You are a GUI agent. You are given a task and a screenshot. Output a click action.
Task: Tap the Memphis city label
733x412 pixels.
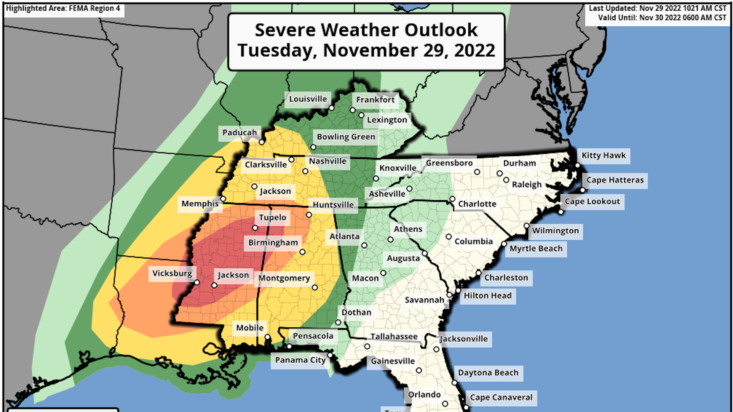[x=200, y=204]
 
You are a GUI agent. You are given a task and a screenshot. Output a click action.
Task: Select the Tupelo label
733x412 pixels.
[x=272, y=217]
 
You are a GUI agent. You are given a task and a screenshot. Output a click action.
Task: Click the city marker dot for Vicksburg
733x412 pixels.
[x=197, y=282]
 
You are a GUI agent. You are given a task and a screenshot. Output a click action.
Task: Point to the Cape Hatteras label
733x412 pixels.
[x=615, y=180]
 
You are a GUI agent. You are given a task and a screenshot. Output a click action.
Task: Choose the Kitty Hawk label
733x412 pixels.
[x=603, y=156]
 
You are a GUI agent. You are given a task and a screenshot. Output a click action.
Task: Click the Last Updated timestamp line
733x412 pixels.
[x=657, y=8]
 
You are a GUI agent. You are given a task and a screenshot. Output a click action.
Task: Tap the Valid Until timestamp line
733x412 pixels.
[x=662, y=18]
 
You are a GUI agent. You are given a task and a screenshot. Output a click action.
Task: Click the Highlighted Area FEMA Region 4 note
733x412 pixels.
[x=63, y=8]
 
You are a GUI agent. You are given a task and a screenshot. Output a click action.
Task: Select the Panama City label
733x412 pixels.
[x=300, y=360]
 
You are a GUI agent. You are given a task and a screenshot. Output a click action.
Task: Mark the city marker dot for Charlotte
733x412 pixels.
[x=452, y=199]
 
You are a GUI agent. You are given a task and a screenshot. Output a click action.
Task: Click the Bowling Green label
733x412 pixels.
[x=346, y=137]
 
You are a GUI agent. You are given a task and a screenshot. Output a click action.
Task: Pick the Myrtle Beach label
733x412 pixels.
[x=536, y=249]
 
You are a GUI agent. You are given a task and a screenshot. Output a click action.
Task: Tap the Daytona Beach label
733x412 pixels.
[x=488, y=373]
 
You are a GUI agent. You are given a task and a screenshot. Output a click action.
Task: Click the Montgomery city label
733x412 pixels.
[x=284, y=278]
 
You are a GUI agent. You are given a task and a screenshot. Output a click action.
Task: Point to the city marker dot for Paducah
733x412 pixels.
[x=262, y=142]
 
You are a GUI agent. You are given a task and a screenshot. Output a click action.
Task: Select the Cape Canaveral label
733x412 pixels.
[x=501, y=398]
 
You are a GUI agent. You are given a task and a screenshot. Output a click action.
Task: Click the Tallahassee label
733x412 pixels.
[x=394, y=336]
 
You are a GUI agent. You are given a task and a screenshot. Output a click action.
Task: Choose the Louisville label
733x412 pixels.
[x=308, y=99]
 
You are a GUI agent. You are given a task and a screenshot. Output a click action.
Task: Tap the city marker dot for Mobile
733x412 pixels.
[x=268, y=337]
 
